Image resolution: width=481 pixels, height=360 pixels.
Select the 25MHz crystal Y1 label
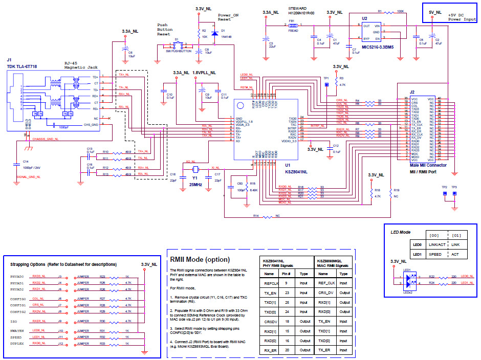(x=195, y=184)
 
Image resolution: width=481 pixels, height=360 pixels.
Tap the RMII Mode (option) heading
(x=200, y=260)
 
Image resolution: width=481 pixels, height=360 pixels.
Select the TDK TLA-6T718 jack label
(x=21, y=66)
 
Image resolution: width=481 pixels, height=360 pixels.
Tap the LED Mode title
(x=401, y=232)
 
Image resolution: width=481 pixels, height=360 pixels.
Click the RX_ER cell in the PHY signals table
(x=270, y=350)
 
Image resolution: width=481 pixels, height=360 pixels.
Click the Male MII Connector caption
(x=428, y=165)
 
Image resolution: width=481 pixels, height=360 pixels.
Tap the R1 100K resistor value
(x=400, y=11)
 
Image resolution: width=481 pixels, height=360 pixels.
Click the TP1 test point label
(x=326, y=78)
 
